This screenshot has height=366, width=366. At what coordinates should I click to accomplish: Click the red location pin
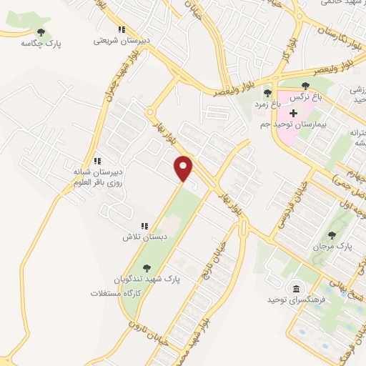tap(184, 168)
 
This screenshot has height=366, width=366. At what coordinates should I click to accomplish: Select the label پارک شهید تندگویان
tap(142, 280)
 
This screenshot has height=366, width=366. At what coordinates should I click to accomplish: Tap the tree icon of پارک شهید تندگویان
tap(147, 268)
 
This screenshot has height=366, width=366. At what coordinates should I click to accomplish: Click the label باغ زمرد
tap(267, 104)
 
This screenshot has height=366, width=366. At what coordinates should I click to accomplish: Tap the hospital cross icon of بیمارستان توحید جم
tap(292, 113)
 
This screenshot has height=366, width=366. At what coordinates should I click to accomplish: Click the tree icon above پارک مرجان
tap(332, 235)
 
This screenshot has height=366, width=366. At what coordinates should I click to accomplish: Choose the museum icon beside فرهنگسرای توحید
tap(295, 289)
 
